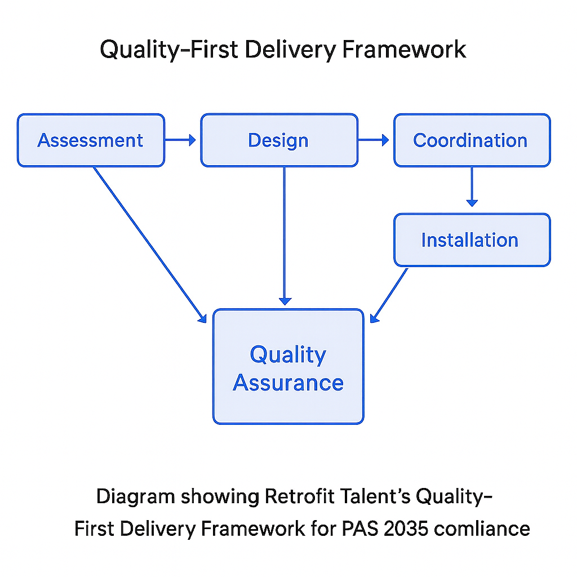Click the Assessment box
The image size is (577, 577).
(x=91, y=140)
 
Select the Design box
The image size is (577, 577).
(x=279, y=140)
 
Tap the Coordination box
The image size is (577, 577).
(x=472, y=140)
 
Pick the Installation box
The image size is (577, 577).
(x=472, y=240)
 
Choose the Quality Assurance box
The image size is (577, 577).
(x=288, y=366)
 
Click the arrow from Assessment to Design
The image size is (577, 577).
(x=181, y=140)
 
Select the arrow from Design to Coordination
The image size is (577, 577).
(x=374, y=140)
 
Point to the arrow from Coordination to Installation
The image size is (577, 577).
(x=472, y=187)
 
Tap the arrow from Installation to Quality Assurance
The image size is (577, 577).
(x=389, y=295)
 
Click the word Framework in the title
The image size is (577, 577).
(x=405, y=50)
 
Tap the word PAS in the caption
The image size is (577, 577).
(x=355, y=529)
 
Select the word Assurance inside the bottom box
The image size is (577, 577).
(x=288, y=383)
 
